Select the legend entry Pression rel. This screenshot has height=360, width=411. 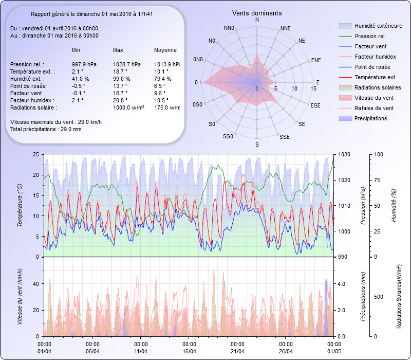[x=370, y=36]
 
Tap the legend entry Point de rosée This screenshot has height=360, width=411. [x=372, y=67]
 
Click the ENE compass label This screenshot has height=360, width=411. [x=316, y=60]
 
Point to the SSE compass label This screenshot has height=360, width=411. [x=284, y=137]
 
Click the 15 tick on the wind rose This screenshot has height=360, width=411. [x=313, y=89]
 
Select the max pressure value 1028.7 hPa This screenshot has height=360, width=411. [x=126, y=64]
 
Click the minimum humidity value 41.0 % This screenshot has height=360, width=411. [x=81, y=79]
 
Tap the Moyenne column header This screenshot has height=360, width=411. [x=165, y=50]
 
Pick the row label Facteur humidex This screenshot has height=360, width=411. [x=32, y=100]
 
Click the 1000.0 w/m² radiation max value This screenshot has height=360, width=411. [x=128, y=107]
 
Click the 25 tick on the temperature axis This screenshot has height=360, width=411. [x=35, y=154]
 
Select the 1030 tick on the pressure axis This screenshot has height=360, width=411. [x=344, y=154]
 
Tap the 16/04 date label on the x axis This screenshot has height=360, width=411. [x=189, y=351]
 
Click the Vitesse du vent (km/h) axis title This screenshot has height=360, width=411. [x=20, y=296]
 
